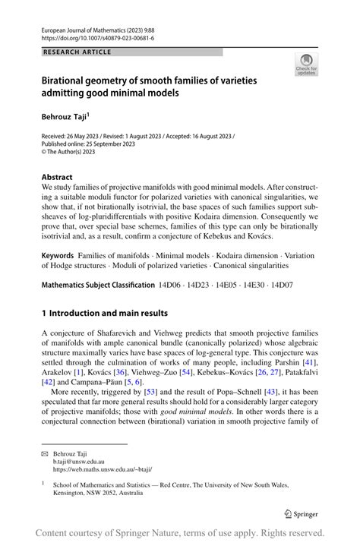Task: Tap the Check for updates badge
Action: coord(308,65)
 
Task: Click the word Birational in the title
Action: coord(68,80)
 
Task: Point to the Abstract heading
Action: coord(57,175)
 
